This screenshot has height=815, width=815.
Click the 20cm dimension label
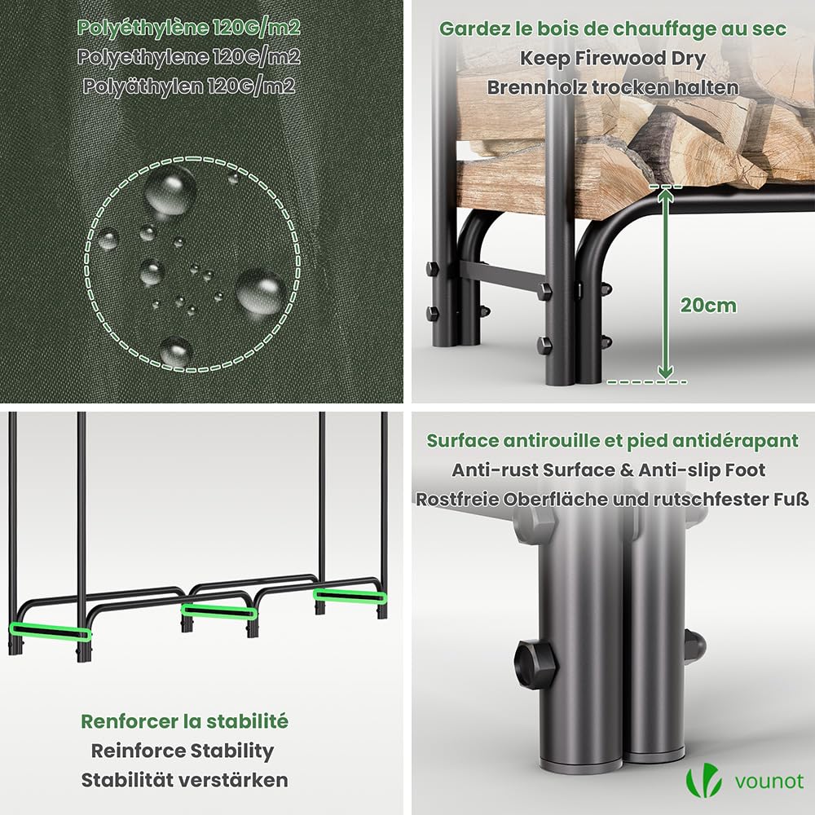point(708,306)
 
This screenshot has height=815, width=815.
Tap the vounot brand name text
point(769,782)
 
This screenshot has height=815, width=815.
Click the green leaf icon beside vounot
point(704,782)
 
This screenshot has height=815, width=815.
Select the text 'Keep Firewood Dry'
point(612,58)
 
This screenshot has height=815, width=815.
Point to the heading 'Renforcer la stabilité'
point(184,721)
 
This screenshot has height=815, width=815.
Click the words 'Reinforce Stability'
point(183,751)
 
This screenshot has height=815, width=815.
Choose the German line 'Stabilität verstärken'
point(184,780)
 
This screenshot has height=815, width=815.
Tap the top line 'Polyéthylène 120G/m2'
point(189,28)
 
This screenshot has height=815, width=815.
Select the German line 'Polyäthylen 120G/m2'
point(189,86)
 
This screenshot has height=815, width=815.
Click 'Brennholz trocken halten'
point(612,87)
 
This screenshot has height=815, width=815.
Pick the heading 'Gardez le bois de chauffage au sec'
point(613,29)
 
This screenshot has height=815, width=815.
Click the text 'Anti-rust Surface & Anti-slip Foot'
point(608,470)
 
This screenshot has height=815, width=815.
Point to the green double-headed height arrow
point(665,284)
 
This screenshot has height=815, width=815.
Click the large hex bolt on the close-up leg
point(535,664)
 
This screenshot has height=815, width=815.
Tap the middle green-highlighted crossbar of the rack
point(218,612)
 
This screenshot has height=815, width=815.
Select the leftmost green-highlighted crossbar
point(51,631)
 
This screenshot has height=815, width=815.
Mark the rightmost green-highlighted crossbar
point(350,596)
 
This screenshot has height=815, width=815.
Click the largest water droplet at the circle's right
point(262,292)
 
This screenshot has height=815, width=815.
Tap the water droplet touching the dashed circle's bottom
point(176,351)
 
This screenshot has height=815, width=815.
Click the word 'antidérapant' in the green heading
point(735,441)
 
